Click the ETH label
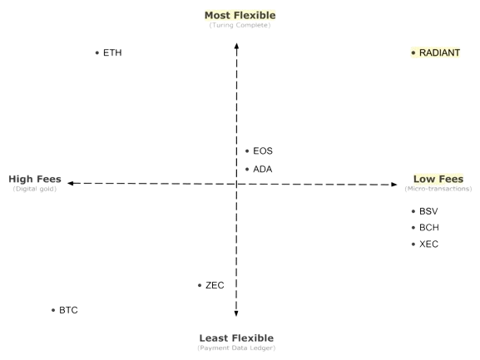[x=112, y=53]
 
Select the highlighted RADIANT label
[x=439, y=53]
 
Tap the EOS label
[x=263, y=151]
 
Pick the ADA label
[x=263, y=169]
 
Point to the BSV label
[x=428, y=211]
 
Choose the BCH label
[x=429, y=228]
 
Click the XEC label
[x=428, y=244]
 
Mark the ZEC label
[x=215, y=285]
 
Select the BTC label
[x=68, y=310]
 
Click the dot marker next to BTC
[x=53, y=310]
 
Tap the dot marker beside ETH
[x=97, y=53]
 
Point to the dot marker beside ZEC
[x=200, y=285]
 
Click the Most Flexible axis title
[x=240, y=15]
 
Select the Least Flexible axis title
[x=236, y=338]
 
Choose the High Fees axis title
[x=35, y=179]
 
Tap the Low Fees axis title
[x=438, y=179]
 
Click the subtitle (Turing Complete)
[x=240, y=25]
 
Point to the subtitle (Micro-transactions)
[x=438, y=189]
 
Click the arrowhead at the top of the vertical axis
[x=236, y=46]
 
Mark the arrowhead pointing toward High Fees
[x=70, y=183]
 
